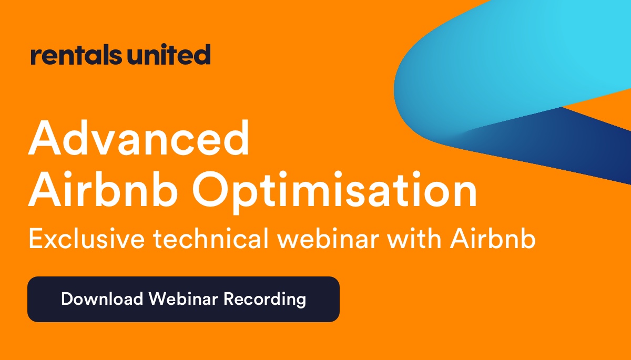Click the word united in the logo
169,54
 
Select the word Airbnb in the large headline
103,189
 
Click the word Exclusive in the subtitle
87,238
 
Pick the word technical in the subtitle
211,238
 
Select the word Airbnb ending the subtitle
493,238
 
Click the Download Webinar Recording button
184,299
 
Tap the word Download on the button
102,299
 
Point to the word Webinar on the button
184,299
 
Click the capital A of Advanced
45,138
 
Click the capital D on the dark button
67,299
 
